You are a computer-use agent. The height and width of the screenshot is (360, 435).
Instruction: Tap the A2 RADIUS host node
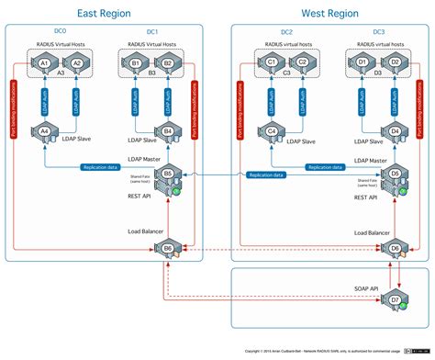point(78,62)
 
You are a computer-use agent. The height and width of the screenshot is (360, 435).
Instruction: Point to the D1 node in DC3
point(362,62)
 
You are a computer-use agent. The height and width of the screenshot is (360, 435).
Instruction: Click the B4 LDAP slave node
point(168,131)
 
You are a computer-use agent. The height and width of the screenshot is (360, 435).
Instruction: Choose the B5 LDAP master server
point(169,174)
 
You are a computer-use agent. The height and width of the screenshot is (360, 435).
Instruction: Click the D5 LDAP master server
point(395,174)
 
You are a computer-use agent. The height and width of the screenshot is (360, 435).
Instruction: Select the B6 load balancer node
point(169,248)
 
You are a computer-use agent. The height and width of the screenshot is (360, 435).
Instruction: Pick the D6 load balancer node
point(395,248)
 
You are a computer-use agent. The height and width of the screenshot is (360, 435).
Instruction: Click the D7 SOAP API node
point(395,299)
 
